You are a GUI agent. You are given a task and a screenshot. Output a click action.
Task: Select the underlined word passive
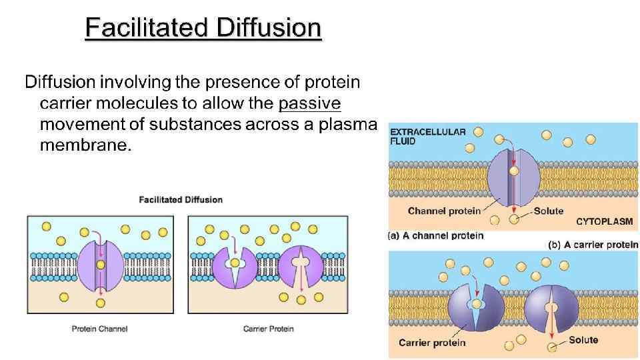pos(310,103)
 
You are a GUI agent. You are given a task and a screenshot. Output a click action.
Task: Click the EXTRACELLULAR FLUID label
pos(427,136)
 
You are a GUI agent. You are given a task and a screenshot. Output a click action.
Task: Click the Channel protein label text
pos(444,211)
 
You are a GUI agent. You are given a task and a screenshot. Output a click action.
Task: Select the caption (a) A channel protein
pos(435,235)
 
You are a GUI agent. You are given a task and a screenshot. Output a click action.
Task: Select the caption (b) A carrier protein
pos(593,245)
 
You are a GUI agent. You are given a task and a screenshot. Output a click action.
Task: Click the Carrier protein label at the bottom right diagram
pos(432,343)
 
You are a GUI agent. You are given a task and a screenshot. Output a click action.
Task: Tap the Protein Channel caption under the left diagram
pos(99,329)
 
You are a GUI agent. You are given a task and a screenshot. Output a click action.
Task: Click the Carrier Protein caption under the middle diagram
pos(268,329)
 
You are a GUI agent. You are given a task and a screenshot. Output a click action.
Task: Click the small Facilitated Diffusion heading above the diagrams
pos(180,199)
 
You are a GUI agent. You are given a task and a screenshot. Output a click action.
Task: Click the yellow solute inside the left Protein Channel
pos(100,265)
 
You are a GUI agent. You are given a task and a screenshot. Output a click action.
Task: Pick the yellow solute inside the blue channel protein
pos(513,171)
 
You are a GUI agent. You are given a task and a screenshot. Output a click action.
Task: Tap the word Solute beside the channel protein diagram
pos(549,211)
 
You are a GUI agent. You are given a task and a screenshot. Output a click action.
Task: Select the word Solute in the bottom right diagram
pos(583,340)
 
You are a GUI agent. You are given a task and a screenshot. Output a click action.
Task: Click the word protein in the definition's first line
pos(332,82)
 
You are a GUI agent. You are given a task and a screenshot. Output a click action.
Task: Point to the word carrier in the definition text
pos(65,103)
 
